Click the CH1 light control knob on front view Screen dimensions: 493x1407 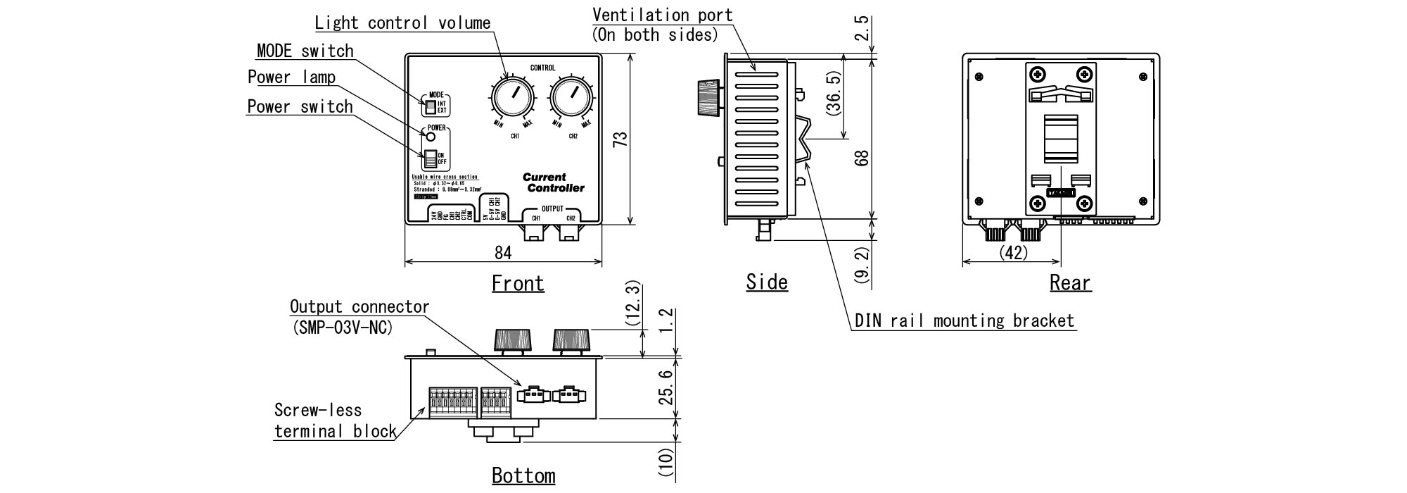(x=511, y=99)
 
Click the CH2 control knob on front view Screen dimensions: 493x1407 (x=571, y=99)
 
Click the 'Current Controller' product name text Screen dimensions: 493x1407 (x=554, y=183)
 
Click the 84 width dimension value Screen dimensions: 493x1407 (x=503, y=252)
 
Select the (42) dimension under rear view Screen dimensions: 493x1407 (x=1014, y=252)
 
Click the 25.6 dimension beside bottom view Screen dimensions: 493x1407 (x=667, y=389)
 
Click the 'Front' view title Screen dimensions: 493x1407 (x=518, y=283)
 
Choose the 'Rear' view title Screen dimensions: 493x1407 (x=1070, y=283)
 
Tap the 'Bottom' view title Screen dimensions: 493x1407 (x=523, y=475)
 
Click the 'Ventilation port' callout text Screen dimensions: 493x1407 (x=662, y=15)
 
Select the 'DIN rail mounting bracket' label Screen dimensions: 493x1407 (x=964, y=321)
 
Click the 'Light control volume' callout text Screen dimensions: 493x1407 (x=402, y=23)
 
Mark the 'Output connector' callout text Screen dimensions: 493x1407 (x=359, y=307)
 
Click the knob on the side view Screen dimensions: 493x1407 (x=708, y=97)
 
